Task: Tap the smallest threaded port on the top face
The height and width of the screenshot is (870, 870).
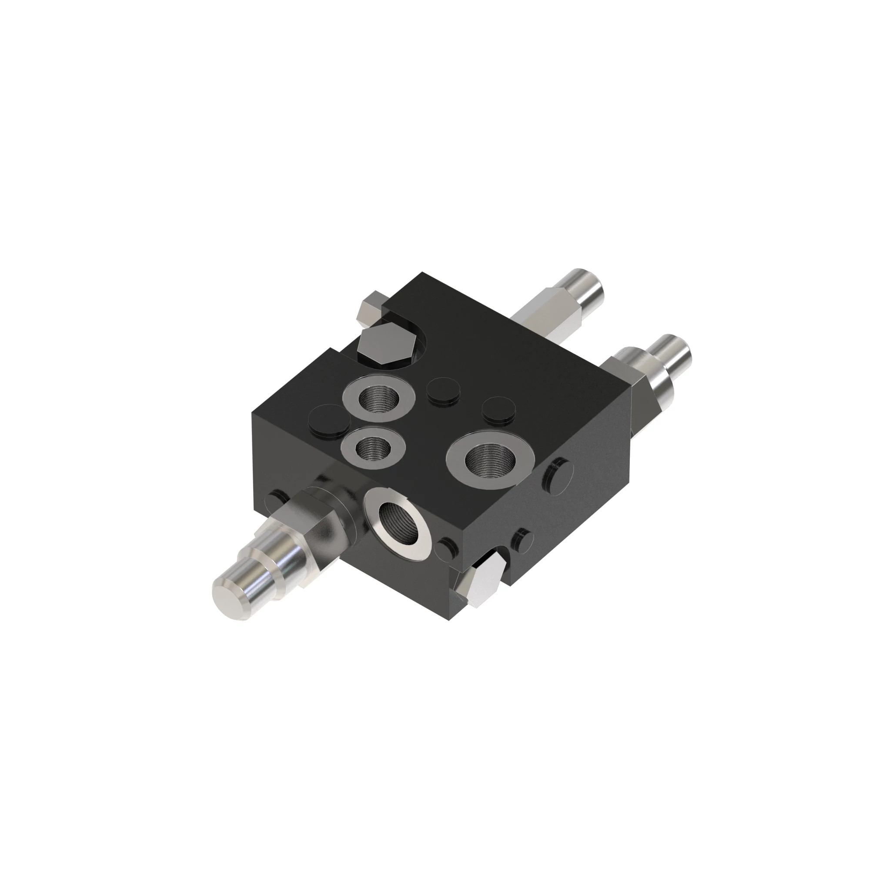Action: point(372,448)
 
